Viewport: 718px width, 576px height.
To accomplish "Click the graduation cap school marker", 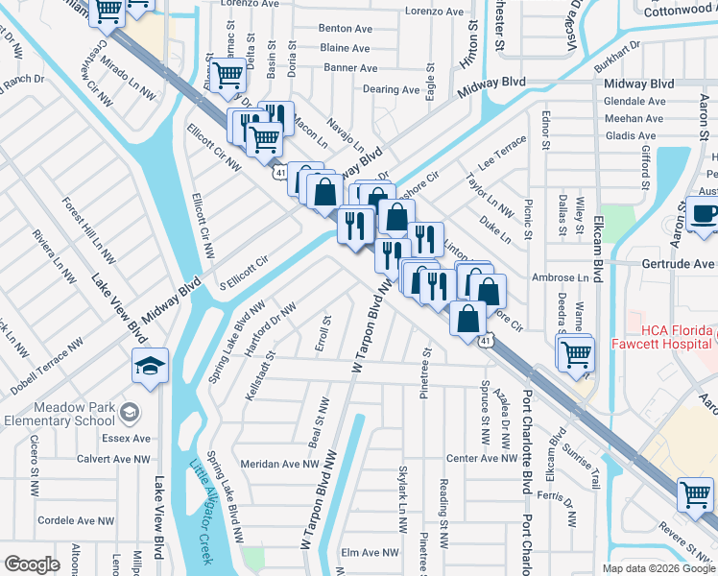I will point(149,366).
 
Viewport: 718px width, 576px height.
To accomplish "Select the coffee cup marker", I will point(705,214).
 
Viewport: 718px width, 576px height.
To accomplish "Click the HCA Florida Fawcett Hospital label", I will point(668,333).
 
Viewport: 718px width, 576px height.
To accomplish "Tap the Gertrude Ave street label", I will point(678,263).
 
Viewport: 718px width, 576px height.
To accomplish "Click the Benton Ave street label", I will point(345,29).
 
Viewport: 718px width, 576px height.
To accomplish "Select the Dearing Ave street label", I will point(391,89).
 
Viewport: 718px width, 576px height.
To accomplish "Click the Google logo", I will point(32,564).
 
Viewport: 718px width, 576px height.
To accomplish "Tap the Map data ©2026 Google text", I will point(658,568).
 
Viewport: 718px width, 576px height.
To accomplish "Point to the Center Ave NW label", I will point(482,458).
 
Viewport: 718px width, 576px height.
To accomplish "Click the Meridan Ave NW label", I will point(279,463).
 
